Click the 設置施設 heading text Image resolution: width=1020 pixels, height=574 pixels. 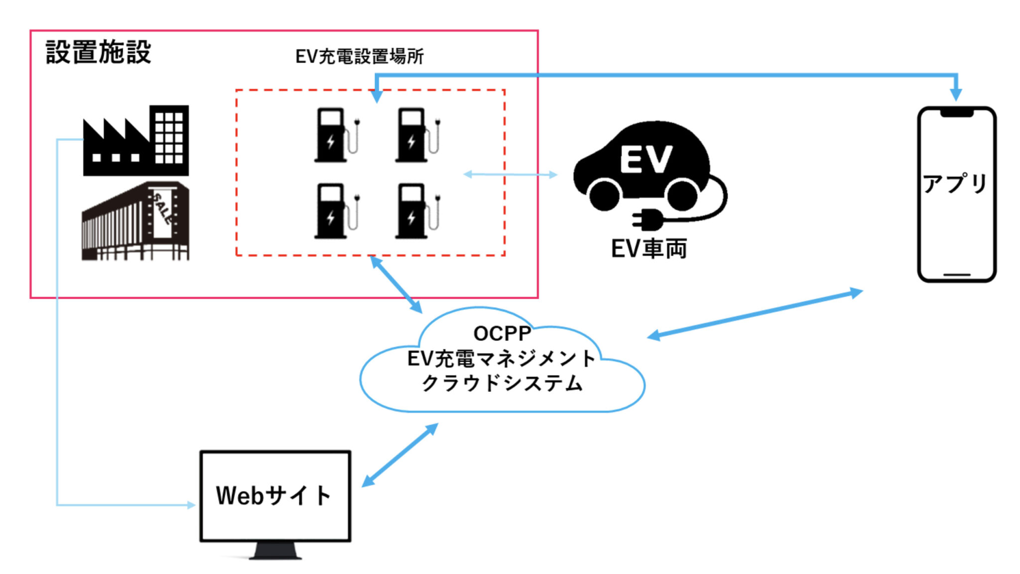pos(98,52)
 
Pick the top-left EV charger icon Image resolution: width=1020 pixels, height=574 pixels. pos(332,135)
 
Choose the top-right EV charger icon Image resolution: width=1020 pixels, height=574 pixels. pos(413,135)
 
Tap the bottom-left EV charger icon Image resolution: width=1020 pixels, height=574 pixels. pos(332,211)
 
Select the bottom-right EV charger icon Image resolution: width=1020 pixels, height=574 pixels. pos(413,211)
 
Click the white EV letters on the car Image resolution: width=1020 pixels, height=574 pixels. pos(646,159)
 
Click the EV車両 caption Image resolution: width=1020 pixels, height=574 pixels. pos(649,248)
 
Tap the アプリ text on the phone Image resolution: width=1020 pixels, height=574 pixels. pos(955,184)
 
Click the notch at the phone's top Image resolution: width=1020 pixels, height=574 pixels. pos(956,113)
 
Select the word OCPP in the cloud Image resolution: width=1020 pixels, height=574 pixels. pos(502,334)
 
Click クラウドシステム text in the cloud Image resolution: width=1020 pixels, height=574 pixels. pos(502,383)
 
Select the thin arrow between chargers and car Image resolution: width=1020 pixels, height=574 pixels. pos(510,174)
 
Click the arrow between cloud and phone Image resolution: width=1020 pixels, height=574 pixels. pos(755,314)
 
